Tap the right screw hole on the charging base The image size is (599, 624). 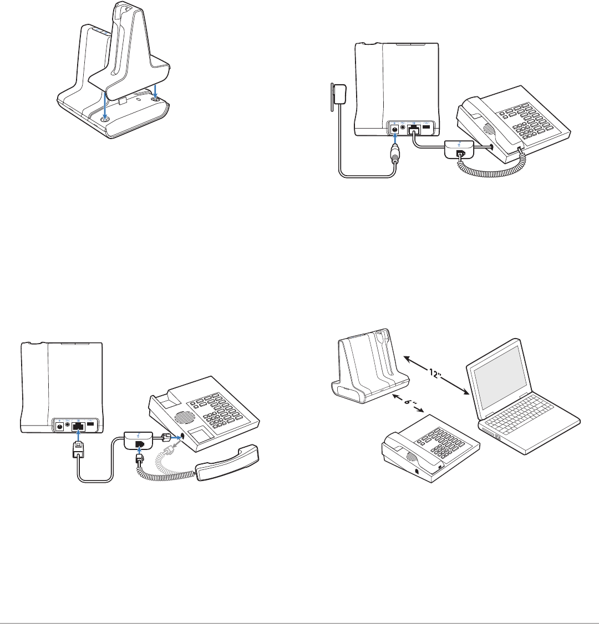point(156,99)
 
